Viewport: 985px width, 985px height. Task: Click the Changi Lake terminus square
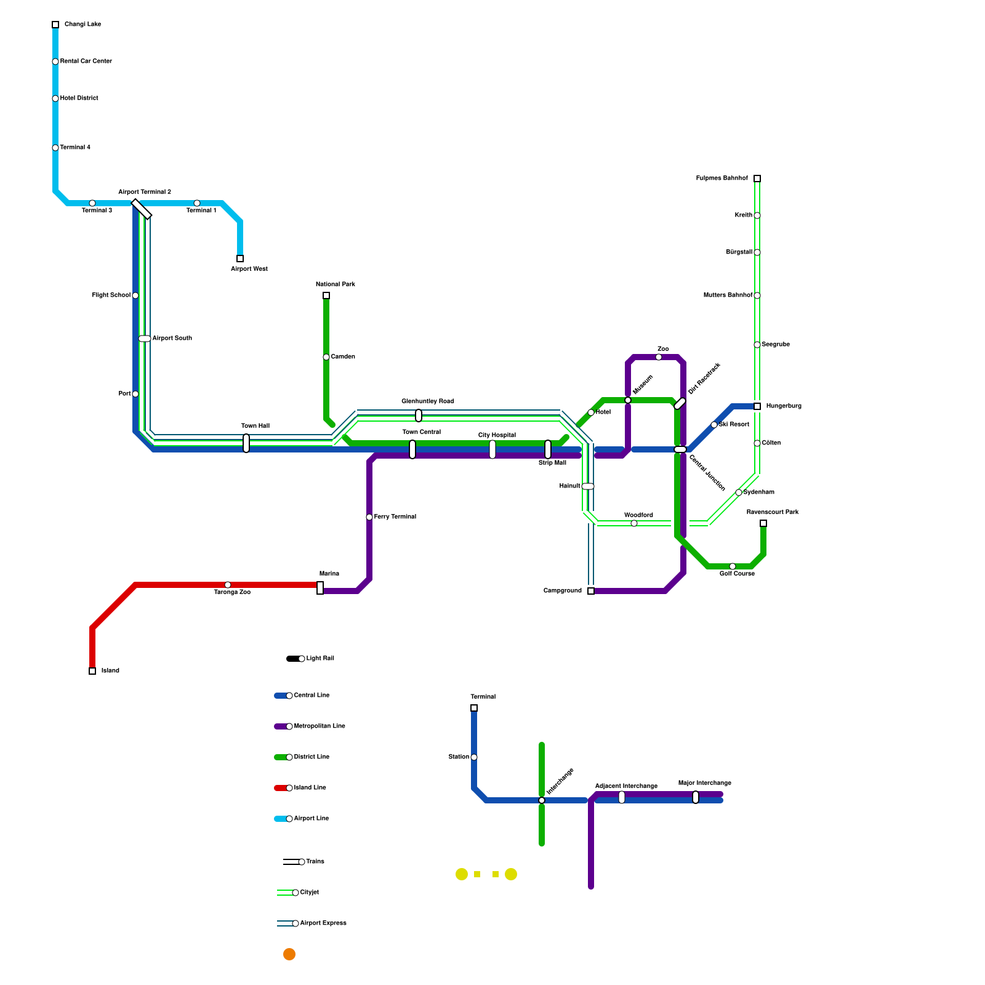55,25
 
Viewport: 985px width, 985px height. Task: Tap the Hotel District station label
79,98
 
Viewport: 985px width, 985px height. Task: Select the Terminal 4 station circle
55,148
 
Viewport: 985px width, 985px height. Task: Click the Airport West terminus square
240,259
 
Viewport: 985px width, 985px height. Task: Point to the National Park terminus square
326,295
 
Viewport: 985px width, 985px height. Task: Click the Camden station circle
326,357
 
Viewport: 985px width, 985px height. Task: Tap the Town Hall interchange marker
246,443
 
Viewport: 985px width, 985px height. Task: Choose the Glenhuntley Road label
427,401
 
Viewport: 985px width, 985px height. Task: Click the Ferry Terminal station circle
369,517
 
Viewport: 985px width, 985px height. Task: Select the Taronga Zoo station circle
228,585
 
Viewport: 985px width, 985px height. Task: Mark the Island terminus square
92,671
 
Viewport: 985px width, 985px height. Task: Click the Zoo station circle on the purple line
659,357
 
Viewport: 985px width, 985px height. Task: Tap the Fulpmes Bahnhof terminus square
757,179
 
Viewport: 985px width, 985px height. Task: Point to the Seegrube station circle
757,345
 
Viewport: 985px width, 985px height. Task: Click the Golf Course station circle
733,566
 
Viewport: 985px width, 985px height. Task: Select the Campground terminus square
591,591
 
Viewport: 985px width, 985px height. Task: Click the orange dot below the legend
289,954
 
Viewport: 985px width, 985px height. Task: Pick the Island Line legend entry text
310,788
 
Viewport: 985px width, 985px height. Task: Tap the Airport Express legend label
323,923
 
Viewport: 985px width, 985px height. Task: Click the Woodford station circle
634,523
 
